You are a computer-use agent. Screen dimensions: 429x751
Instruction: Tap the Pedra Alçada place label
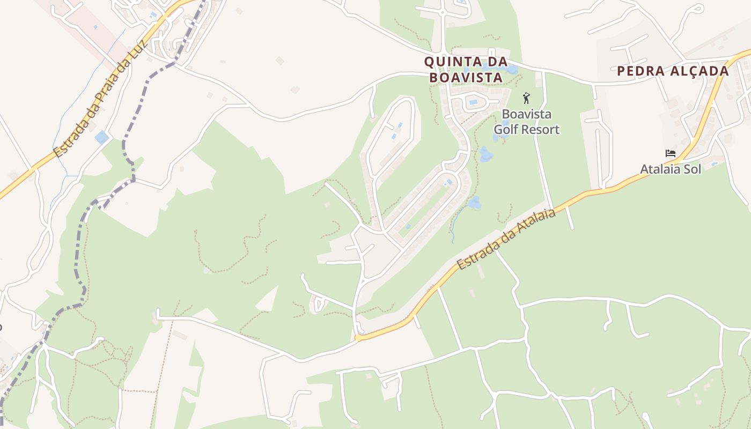[673, 71]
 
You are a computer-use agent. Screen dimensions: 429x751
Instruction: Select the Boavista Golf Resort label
[526, 122]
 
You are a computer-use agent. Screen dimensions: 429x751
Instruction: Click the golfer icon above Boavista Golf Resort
[526, 98]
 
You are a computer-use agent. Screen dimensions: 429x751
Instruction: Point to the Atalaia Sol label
[671, 169]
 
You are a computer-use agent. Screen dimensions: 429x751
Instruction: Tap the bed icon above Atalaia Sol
[671, 153]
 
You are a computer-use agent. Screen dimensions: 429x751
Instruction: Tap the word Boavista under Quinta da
[466, 78]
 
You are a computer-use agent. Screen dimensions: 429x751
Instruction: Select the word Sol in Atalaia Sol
[691, 169]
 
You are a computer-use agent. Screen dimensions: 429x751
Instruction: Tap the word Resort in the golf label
[540, 129]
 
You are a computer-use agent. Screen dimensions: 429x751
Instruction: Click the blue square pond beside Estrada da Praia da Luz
[101, 137]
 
